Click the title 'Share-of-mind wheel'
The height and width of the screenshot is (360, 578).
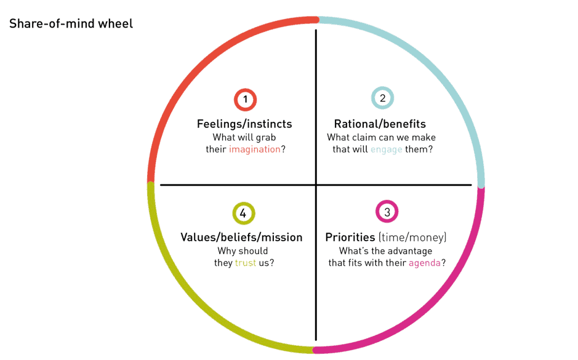(71, 25)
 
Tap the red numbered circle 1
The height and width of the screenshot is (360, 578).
(245, 100)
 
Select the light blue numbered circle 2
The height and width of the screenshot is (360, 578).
(382, 98)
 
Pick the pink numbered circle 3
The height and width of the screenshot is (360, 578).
(387, 212)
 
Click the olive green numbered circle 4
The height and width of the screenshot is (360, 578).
(243, 214)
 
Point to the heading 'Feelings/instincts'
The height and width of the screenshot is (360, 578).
(244, 124)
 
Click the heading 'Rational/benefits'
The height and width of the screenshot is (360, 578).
(380, 124)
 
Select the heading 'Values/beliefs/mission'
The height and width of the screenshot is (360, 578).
(241, 238)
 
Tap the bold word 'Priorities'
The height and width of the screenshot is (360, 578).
(350, 238)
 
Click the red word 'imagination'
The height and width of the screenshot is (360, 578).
(255, 150)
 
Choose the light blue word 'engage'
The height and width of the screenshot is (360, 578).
(387, 150)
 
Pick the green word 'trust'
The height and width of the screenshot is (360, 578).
(245, 263)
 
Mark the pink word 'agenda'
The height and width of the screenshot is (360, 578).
(424, 263)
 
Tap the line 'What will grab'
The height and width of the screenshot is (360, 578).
(244, 137)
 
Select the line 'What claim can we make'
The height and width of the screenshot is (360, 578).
(381, 137)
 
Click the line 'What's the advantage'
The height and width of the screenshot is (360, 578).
(386, 250)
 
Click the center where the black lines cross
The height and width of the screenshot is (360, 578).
(316, 185)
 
